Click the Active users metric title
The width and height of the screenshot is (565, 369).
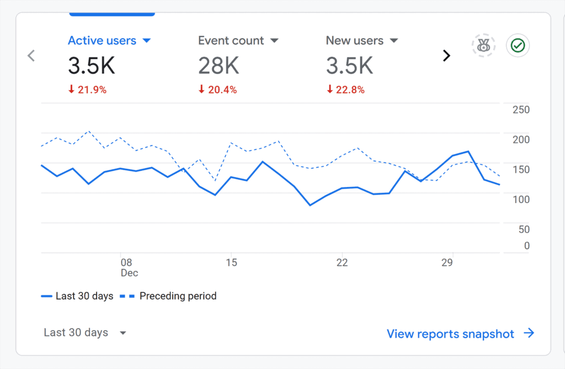[102, 40]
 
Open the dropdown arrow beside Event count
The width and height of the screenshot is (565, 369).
[274, 40]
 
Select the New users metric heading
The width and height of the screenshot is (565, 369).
[354, 40]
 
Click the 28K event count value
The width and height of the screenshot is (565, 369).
[219, 66]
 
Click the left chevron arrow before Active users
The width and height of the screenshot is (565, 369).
[31, 55]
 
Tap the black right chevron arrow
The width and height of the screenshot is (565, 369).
[447, 55]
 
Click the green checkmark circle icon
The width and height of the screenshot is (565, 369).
[518, 46]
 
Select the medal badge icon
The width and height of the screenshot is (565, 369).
[484, 46]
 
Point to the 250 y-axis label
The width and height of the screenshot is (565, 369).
[521, 110]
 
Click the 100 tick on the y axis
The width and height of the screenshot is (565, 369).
[521, 199]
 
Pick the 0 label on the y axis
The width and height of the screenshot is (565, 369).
[526, 245]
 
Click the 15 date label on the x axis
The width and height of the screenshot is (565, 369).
[231, 263]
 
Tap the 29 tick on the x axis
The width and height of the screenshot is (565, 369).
[447, 263]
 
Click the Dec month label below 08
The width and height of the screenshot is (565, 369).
[129, 273]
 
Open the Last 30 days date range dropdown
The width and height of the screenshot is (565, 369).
[85, 333]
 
